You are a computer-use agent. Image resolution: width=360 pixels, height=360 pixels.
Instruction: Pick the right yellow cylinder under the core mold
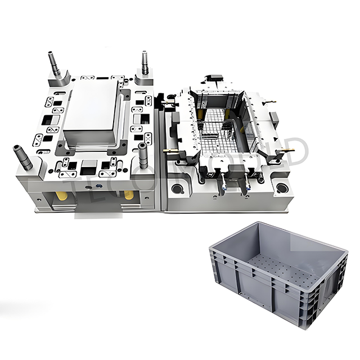point(129,196)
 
